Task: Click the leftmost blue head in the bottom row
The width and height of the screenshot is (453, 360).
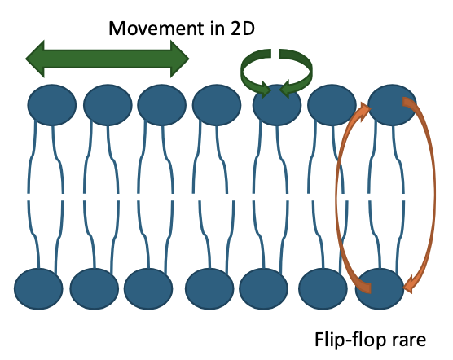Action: click(38, 287)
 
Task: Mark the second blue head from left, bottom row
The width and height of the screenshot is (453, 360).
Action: click(94, 287)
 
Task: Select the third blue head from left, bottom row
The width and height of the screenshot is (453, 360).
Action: click(148, 287)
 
